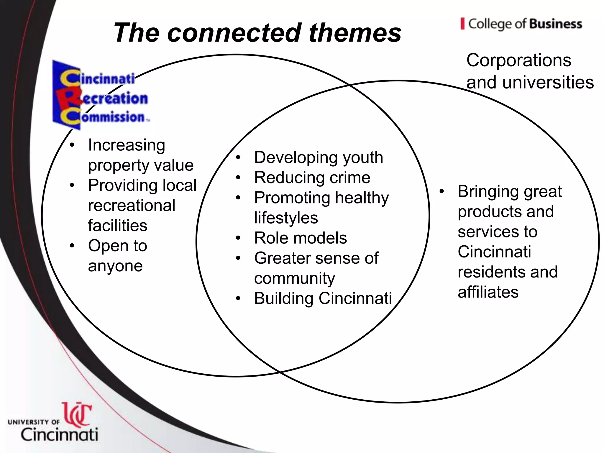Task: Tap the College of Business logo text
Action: pyautogui.click(x=522, y=24)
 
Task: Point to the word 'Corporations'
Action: pyautogui.click(x=519, y=60)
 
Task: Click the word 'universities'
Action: pyautogui.click(x=548, y=82)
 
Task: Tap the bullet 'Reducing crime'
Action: pyautogui.click(x=312, y=178)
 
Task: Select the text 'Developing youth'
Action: pyautogui.click(x=319, y=157)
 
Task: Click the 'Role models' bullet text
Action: pyautogui.click(x=300, y=238)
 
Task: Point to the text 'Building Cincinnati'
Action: pyautogui.click(x=323, y=298)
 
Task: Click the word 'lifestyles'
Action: pyautogui.click(x=286, y=218)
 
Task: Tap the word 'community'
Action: pyautogui.click(x=295, y=278)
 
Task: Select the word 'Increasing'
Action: pyautogui.click(x=127, y=145)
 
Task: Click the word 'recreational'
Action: pyautogui.click(x=132, y=206)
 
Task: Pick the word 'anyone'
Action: pyautogui.click(x=115, y=266)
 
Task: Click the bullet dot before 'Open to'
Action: pyautogui.click(x=72, y=246)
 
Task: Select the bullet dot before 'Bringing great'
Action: pyautogui.click(x=441, y=191)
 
